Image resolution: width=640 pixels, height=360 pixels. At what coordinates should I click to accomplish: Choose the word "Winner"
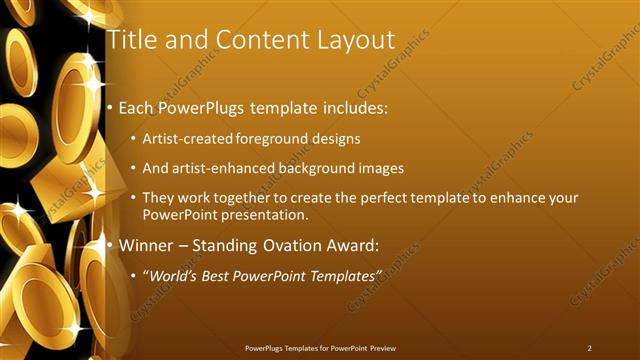pos(147,244)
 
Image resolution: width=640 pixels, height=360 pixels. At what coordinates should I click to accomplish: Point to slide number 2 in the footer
pos(589,347)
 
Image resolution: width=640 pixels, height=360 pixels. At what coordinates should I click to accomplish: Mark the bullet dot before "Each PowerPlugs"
pos(110,107)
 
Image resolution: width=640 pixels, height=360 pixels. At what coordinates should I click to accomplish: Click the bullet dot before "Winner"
pos(110,244)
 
